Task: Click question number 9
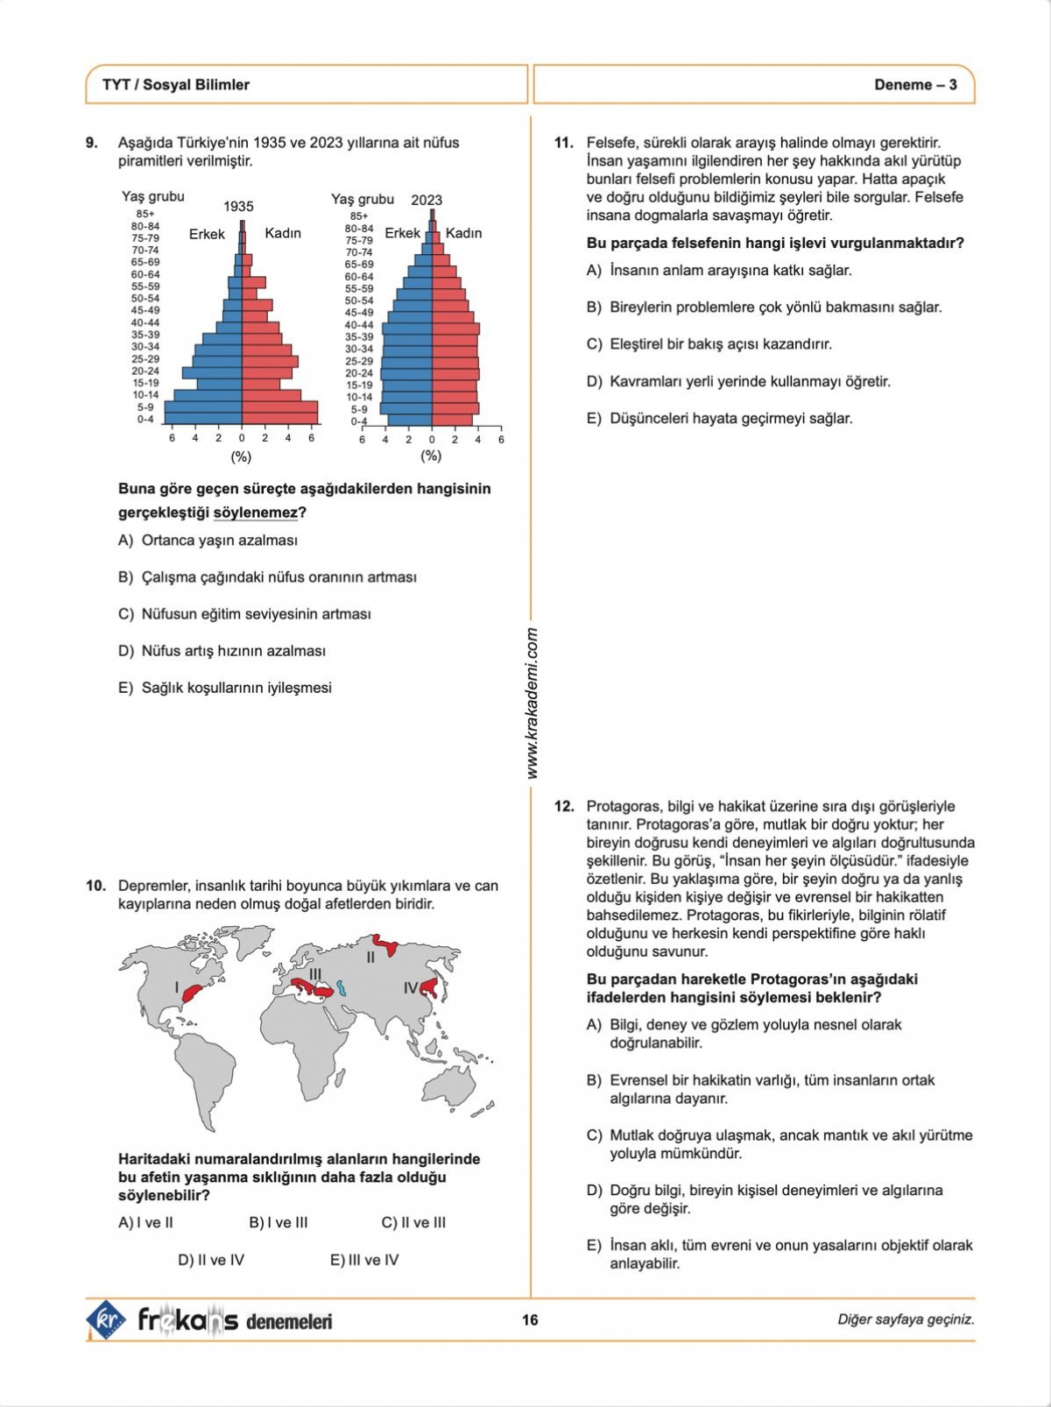coord(91,143)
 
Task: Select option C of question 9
coord(244,614)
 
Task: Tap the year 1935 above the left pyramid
coord(238,207)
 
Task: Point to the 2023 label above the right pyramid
coord(427,200)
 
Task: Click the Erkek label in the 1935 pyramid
coord(207,234)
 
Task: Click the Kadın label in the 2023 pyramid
coord(463,233)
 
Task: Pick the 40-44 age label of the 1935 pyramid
coord(145,322)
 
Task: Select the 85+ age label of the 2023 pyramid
coord(359,216)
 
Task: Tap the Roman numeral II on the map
coord(370,958)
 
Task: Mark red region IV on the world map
coord(430,988)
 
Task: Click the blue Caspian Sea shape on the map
coord(342,987)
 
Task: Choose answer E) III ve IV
coord(364,1260)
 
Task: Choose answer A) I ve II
coord(145,1222)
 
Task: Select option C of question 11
coord(709,344)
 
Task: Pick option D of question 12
coord(764,1199)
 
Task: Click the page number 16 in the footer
coord(530,1319)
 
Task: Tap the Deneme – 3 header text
coord(915,85)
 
